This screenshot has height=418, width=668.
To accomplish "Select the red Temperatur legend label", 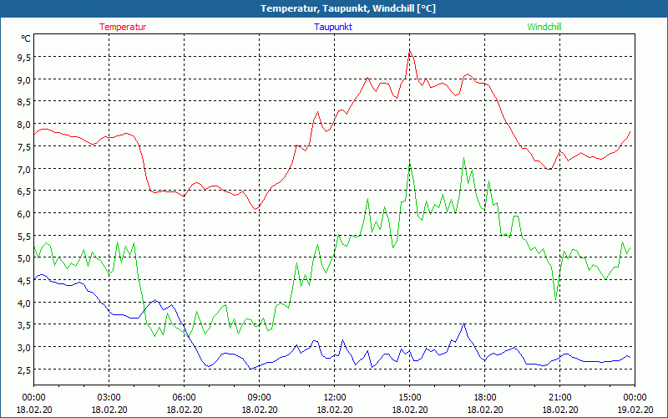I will coord(123,27).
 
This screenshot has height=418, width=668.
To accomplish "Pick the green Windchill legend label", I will coord(544,27).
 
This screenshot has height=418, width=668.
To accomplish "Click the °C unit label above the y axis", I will coord(26,38).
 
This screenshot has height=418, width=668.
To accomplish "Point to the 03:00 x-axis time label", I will coord(109,396).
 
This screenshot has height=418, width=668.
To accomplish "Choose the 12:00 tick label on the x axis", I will coord(334,396).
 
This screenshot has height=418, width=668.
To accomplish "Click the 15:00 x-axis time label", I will coord(409,396).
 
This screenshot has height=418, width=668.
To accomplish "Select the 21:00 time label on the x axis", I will coord(559,396).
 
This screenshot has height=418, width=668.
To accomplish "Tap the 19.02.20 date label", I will coord(635,410).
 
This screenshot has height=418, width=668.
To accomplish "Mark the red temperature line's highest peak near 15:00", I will coord(409,51).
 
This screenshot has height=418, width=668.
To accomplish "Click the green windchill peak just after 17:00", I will coord(464,158).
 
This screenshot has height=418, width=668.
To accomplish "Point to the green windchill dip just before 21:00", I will coord(555,298).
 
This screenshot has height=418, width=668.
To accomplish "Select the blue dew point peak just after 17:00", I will coord(464,323).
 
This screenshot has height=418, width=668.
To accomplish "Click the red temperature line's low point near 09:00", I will coord(256,207).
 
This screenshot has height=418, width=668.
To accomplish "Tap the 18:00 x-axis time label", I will coord(484,396).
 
